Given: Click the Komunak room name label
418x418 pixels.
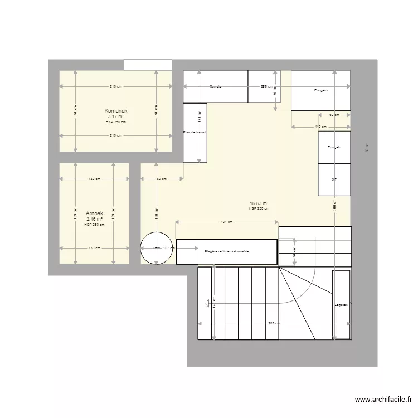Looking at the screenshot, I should pyautogui.click(x=116, y=111).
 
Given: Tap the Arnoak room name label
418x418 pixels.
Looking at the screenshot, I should pyautogui.click(x=94, y=213).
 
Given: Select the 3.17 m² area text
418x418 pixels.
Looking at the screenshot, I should pyautogui.click(x=116, y=116).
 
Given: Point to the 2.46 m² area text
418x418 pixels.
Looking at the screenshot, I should pyautogui.click(x=94, y=219).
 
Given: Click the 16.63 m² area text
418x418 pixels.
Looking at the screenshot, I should pyautogui.click(x=259, y=203).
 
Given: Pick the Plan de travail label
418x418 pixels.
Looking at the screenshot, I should pyautogui.click(x=195, y=133).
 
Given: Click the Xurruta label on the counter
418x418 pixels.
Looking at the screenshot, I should pyautogui.click(x=216, y=86).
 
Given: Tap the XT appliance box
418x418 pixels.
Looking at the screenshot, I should pyautogui.click(x=334, y=179).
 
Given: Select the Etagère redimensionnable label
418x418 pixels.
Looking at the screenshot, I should pyautogui.click(x=226, y=251).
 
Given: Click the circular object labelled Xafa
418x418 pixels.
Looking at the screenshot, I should pyautogui.click(x=157, y=248).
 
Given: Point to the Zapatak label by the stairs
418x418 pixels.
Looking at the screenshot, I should pyautogui.click(x=341, y=305).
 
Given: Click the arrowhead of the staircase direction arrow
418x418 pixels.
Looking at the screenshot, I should pyautogui.click(x=207, y=304).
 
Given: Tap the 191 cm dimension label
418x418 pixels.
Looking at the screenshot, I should pyautogui.click(x=226, y=222).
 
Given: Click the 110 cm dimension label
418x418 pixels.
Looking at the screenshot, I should pyautogui.click(x=320, y=127).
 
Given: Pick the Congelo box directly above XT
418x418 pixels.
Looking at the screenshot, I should pyautogui.click(x=334, y=147).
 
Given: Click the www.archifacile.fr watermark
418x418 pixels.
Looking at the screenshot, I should pyautogui.click(x=383, y=400).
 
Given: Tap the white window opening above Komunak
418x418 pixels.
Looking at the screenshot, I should pyautogui.click(x=148, y=65).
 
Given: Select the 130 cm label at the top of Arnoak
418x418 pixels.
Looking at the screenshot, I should pyautogui.click(x=94, y=179).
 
